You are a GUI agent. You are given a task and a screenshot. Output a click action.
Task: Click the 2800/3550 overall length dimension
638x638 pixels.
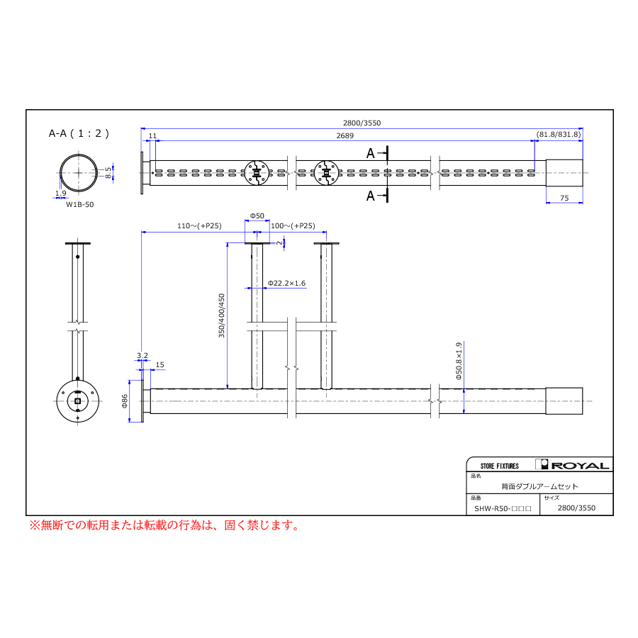[x=362, y=123]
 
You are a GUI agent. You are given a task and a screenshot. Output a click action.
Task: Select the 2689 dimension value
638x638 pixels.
[x=345, y=135]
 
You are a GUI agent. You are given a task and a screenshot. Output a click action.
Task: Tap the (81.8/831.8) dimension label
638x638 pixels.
[x=559, y=134]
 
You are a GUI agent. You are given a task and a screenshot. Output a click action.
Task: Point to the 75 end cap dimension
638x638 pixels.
[x=564, y=198]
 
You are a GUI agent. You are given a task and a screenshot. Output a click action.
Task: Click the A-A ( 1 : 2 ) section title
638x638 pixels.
[x=79, y=133]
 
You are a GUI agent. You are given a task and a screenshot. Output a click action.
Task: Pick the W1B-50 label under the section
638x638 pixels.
[x=79, y=205]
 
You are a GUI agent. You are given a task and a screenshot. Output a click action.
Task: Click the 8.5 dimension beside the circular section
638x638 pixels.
[x=108, y=172]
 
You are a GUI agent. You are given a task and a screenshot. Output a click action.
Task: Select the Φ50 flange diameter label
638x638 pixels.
[x=257, y=216]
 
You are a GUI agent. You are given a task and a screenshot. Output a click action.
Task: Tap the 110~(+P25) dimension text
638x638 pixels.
[x=199, y=226]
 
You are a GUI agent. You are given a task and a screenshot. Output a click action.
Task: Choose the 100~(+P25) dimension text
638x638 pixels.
[x=293, y=226]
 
